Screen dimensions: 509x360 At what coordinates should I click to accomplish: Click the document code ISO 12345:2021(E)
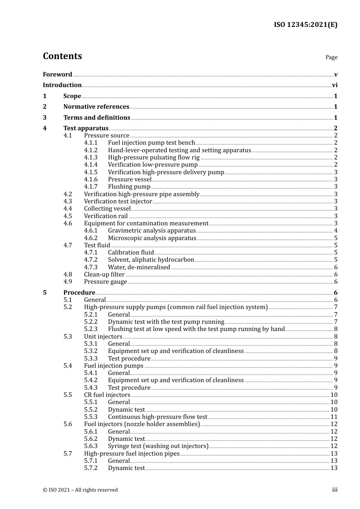(305, 25)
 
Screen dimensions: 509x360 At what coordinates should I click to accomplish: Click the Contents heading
(62, 56)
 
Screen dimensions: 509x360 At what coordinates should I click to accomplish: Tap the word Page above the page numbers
(331, 57)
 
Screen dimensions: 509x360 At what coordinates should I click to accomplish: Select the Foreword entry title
(57, 74)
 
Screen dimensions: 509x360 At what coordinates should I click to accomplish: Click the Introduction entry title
(62, 85)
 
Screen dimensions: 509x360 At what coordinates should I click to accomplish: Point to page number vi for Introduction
(335, 85)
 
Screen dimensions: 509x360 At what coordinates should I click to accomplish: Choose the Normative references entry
(96, 107)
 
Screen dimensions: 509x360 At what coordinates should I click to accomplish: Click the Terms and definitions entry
(97, 117)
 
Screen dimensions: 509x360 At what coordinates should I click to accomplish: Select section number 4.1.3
(91, 157)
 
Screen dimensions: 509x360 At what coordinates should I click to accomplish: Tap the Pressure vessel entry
(130, 179)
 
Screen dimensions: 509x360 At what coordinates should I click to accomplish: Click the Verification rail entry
(106, 216)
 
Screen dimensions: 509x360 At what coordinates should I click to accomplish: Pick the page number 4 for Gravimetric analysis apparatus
(335, 230)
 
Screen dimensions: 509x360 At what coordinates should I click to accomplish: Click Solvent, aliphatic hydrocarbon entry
(151, 259)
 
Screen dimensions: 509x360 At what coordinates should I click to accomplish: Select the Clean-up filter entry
(104, 274)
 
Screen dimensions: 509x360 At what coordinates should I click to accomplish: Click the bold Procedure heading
(79, 292)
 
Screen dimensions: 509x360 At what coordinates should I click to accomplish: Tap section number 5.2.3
(91, 329)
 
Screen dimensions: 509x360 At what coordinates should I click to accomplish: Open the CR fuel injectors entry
(107, 395)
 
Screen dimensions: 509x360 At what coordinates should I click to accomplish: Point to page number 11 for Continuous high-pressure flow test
(334, 417)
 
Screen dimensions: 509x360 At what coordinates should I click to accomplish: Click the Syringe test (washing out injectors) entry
(158, 446)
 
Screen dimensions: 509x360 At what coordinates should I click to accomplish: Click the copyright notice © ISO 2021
(80, 490)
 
